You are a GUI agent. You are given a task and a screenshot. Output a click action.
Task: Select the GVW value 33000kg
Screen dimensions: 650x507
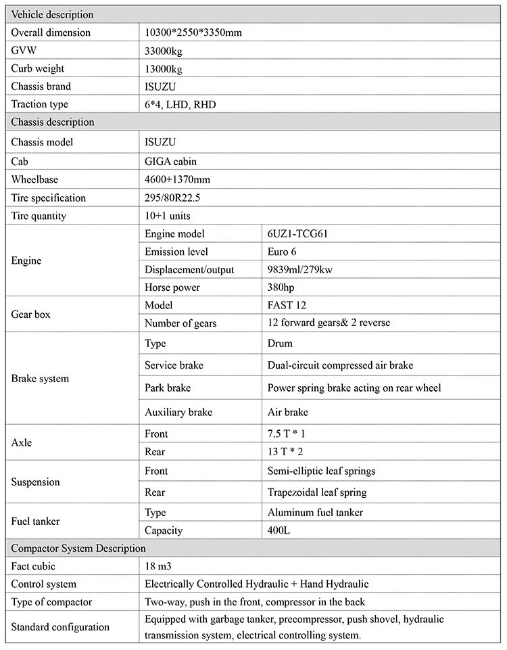point(164,51)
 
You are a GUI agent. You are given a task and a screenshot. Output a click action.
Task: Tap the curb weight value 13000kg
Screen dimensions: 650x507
point(164,69)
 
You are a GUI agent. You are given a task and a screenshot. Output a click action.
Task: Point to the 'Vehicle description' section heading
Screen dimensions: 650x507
point(53,14)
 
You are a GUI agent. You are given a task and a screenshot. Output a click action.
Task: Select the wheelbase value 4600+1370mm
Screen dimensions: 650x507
point(177,180)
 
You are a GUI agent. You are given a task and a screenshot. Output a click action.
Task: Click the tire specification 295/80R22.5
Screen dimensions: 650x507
point(174,198)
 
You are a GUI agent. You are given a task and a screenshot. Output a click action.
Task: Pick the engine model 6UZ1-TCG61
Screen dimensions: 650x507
point(298,233)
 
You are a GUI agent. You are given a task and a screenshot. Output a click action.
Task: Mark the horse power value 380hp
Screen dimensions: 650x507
point(281,287)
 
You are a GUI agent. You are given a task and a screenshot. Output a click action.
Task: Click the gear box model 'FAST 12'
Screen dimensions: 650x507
point(287,305)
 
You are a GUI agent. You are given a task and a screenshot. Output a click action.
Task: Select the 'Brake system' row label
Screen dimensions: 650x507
point(40,379)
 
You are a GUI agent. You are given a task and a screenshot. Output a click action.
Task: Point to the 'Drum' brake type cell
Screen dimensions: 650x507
point(280,344)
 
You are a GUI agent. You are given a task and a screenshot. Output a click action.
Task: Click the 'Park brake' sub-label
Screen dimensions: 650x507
point(168,388)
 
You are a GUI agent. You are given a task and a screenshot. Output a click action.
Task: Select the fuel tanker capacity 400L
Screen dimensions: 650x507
point(279,530)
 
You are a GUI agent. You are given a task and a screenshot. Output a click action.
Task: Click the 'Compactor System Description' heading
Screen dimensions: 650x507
point(78,548)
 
